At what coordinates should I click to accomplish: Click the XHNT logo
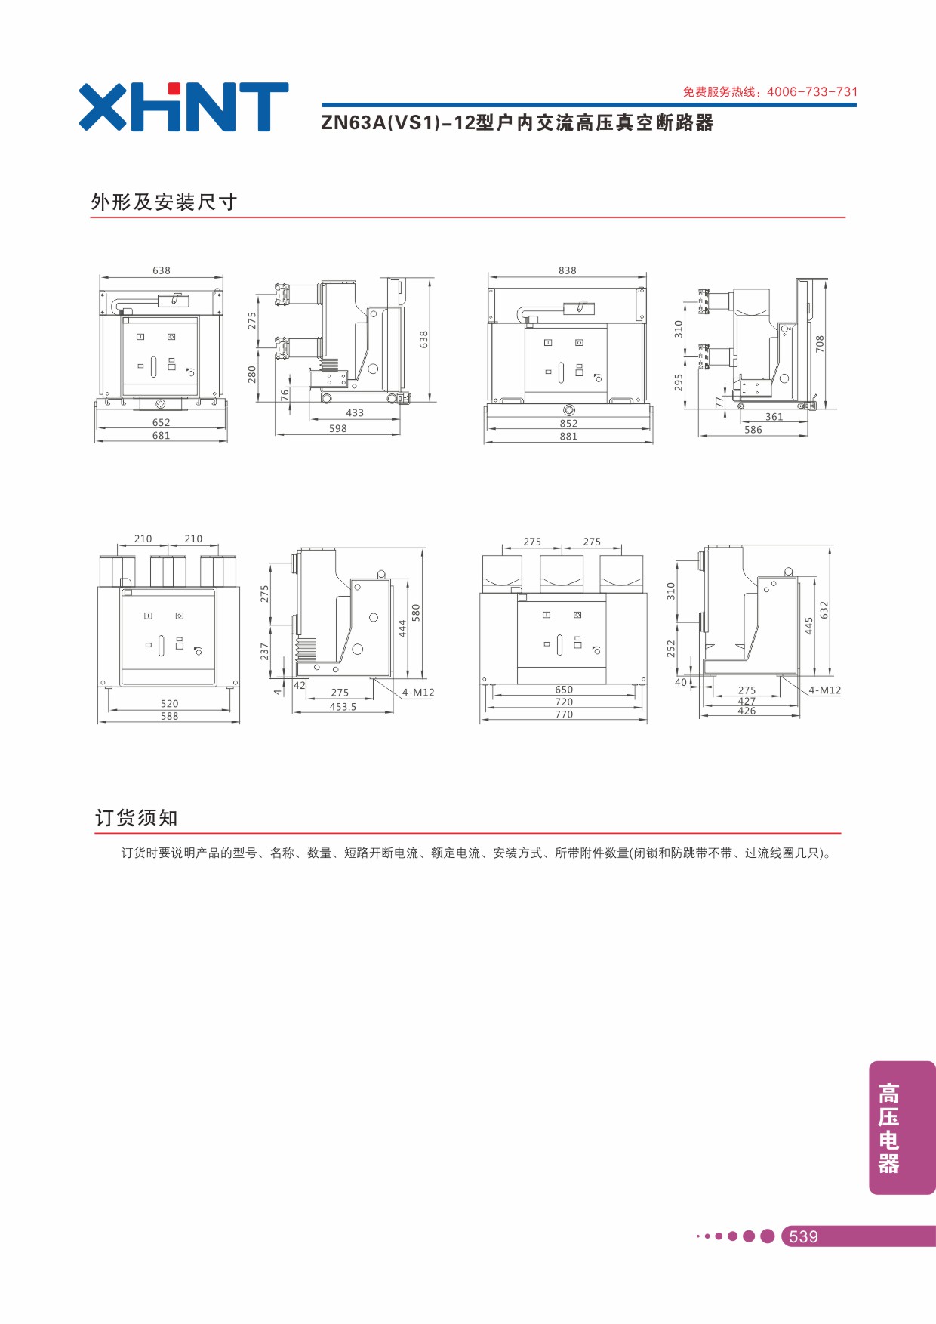pos(183,106)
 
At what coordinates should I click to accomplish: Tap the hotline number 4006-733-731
pos(812,91)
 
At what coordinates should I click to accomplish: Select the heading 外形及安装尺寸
pos(164,202)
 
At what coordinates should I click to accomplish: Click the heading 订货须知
pos(137,817)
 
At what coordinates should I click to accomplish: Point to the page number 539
pos(803,1236)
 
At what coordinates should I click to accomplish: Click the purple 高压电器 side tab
pos(902,1128)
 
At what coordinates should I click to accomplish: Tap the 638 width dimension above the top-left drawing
pos(162,270)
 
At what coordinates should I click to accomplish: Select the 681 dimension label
pos(161,435)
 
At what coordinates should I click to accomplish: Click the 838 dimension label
pos(568,270)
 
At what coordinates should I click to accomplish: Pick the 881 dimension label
pos(568,436)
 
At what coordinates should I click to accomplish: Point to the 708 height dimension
pos(820,344)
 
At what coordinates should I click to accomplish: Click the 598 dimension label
pos(338,428)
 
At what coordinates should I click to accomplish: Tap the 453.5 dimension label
pos(343,707)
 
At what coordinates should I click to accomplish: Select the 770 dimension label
pos(564,714)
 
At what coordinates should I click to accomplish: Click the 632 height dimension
pos(824,610)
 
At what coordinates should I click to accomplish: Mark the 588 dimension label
pos(169,716)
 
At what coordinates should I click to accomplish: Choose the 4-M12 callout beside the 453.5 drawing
pos(418,693)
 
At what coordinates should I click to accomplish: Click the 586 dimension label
pos(753,430)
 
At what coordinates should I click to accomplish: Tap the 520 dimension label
pos(169,703)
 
